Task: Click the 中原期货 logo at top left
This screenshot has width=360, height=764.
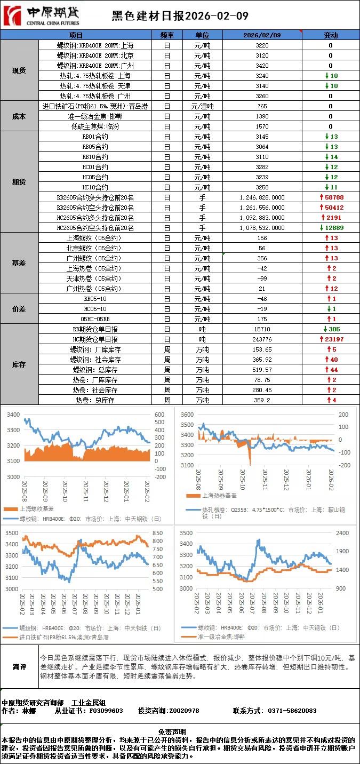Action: coord(41,16)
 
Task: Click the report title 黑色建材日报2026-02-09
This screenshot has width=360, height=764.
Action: coord(180,16)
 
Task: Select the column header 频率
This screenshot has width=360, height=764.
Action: coord(167,35)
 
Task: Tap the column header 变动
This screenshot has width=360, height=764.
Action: coord(331,35)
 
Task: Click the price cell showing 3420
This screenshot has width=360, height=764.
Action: coord(262,66)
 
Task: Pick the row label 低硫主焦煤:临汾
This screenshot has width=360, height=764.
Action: coord(95,126)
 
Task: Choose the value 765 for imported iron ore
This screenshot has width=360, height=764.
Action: coord(262,106)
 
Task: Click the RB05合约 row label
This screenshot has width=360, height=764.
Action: coord(95,147)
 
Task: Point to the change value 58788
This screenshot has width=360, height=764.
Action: coord(334,197)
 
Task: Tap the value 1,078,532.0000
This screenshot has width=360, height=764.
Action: coord(262,228)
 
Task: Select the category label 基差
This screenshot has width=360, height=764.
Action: coord(19,263)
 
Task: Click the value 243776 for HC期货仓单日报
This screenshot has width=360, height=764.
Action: coord(262,339)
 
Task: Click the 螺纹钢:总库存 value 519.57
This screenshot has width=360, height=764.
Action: coord(262,370)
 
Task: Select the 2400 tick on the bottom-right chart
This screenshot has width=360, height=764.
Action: coord(343,532)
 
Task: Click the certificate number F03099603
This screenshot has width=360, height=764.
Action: coord(106,711)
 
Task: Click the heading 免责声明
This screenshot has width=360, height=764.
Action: coord(179,732)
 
